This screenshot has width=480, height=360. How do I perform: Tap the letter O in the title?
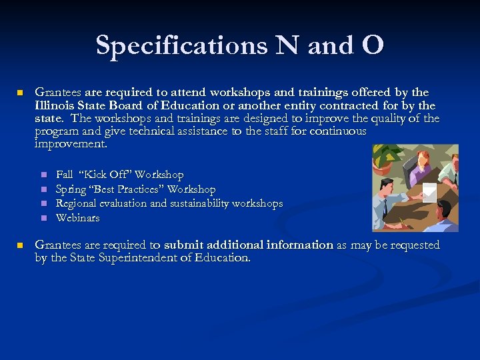[x=373, y=45]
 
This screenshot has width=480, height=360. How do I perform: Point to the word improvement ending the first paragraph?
[x=70, y=144]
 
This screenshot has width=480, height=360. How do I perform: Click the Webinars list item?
[x=77, y=218]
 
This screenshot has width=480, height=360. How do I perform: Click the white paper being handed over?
[x=429, y=191]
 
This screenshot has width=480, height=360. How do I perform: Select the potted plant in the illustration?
[x=385, y=161]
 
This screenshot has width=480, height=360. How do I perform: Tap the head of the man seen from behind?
[x=443, y=211]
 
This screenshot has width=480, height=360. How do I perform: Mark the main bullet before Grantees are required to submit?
[x=20, y=245]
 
